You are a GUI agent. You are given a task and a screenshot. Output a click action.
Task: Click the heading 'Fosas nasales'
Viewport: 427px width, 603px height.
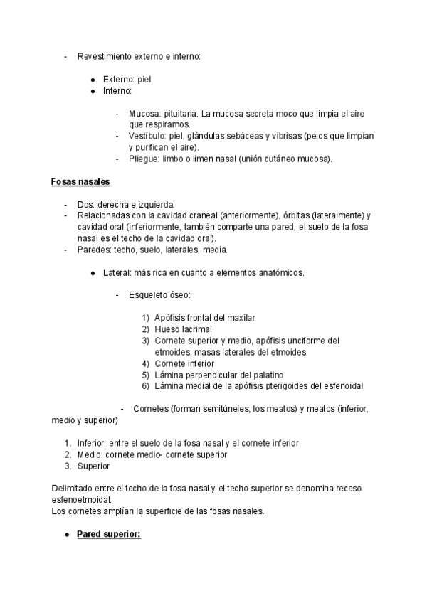[80, 181]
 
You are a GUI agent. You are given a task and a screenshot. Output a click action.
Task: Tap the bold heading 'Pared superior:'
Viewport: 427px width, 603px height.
[109, 533]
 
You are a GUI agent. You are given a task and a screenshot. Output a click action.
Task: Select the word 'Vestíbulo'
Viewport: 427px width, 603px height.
[147, 136]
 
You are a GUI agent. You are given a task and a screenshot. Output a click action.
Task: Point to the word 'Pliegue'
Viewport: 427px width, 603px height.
[144, 159]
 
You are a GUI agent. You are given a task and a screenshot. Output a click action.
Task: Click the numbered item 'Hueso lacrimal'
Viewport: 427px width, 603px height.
[183, 329]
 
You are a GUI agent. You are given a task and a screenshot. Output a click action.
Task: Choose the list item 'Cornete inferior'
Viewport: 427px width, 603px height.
[184, 363]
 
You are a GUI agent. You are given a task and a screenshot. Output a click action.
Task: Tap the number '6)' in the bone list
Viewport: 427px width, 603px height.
[146, 386]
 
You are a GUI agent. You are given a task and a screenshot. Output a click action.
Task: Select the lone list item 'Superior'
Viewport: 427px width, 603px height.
[94, 466]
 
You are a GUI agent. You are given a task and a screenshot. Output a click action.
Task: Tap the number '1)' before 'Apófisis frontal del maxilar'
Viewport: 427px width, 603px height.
[146, 317]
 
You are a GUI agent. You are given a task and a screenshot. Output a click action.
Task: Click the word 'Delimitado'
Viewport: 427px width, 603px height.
[74, 489]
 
